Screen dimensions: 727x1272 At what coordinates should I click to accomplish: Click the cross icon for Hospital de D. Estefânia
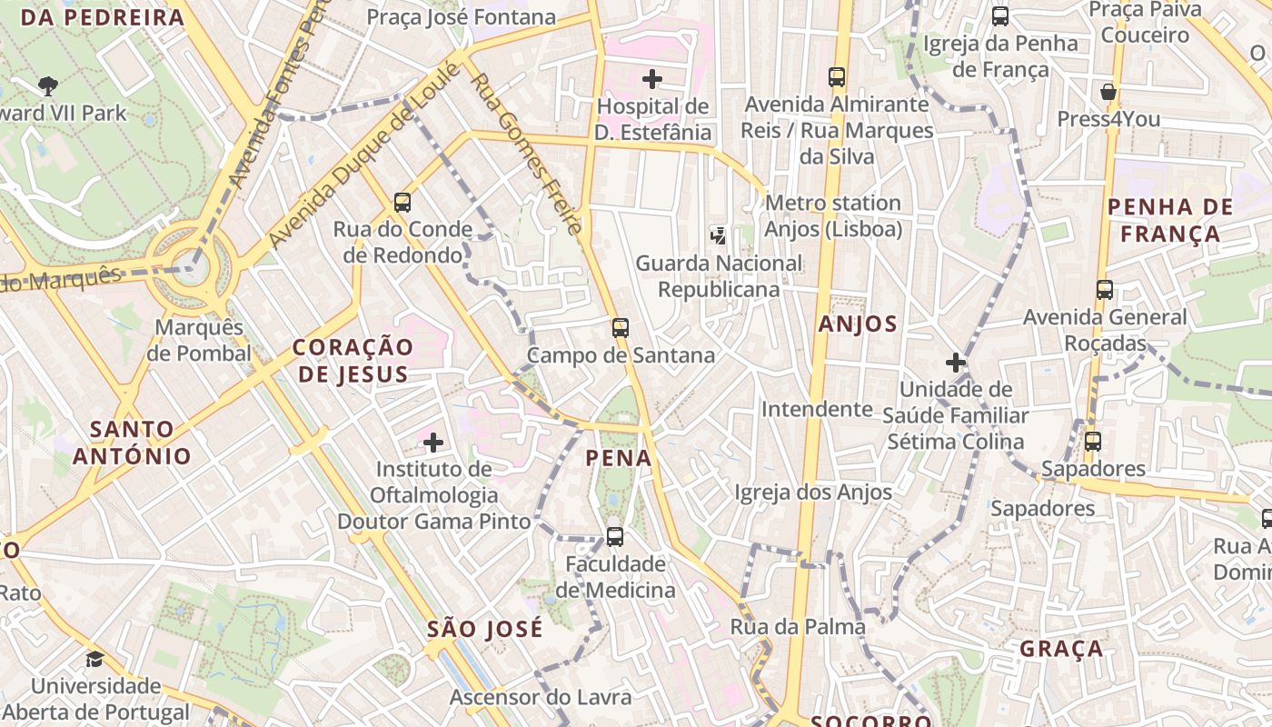(x=652, y=79)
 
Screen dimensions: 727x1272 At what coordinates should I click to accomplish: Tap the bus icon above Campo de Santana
(x=621, y=328)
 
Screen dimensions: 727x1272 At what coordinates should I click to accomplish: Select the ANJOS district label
(x=858, y=324)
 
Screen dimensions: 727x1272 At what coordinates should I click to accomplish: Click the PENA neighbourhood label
(x=619, y=458)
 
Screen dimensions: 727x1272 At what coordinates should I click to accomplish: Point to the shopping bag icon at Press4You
(x=1108, y=92)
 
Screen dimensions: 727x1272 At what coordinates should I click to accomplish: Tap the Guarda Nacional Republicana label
(x=719, y=276)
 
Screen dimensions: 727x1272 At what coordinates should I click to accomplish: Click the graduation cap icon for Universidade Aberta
(x=94, y=659)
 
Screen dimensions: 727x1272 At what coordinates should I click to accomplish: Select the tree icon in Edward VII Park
(x=48, y=86)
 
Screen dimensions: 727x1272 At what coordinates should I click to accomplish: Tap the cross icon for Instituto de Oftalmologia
(x=433, y=443)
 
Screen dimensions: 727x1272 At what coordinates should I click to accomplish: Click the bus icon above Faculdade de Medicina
(x=615, y=537)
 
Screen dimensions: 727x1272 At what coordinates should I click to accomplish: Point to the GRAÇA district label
(x=1061, y=649)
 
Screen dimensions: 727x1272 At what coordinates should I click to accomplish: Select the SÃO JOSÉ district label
(x=485, y=629)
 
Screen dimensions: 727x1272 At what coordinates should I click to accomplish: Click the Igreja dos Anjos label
(x=813, y=493)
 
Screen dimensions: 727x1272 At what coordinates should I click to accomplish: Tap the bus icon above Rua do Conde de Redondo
(x=402, y=203)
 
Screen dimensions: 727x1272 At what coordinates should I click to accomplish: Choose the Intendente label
(x=816, y=410)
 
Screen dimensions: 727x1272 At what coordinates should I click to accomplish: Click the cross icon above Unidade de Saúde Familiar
(x=955, y=363)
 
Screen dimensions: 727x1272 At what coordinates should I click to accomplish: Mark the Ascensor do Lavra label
(x=541, y=697)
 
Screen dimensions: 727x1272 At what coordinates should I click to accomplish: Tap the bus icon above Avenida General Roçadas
(x=1105, y=290)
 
